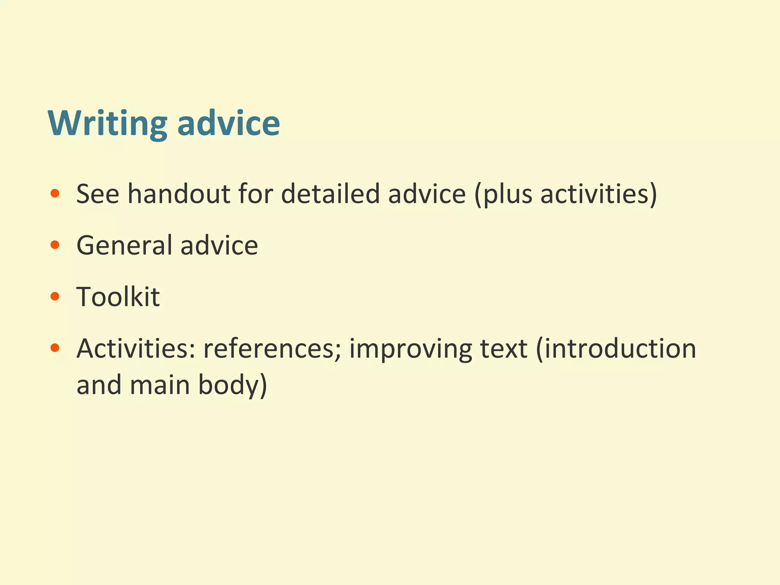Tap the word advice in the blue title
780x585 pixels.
click(229, 123)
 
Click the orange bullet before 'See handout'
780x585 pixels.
click(55, 193)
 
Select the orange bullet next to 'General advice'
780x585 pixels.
click(55, 245)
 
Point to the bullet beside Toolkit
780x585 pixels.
click(55, 296)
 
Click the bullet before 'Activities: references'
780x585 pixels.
click(55, 348)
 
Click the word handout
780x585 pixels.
click(179, 193)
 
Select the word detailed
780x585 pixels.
click(330, 193)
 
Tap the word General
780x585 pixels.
click(124, 245)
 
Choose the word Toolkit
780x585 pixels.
click(118, 296)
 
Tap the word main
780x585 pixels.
click(160, 385)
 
